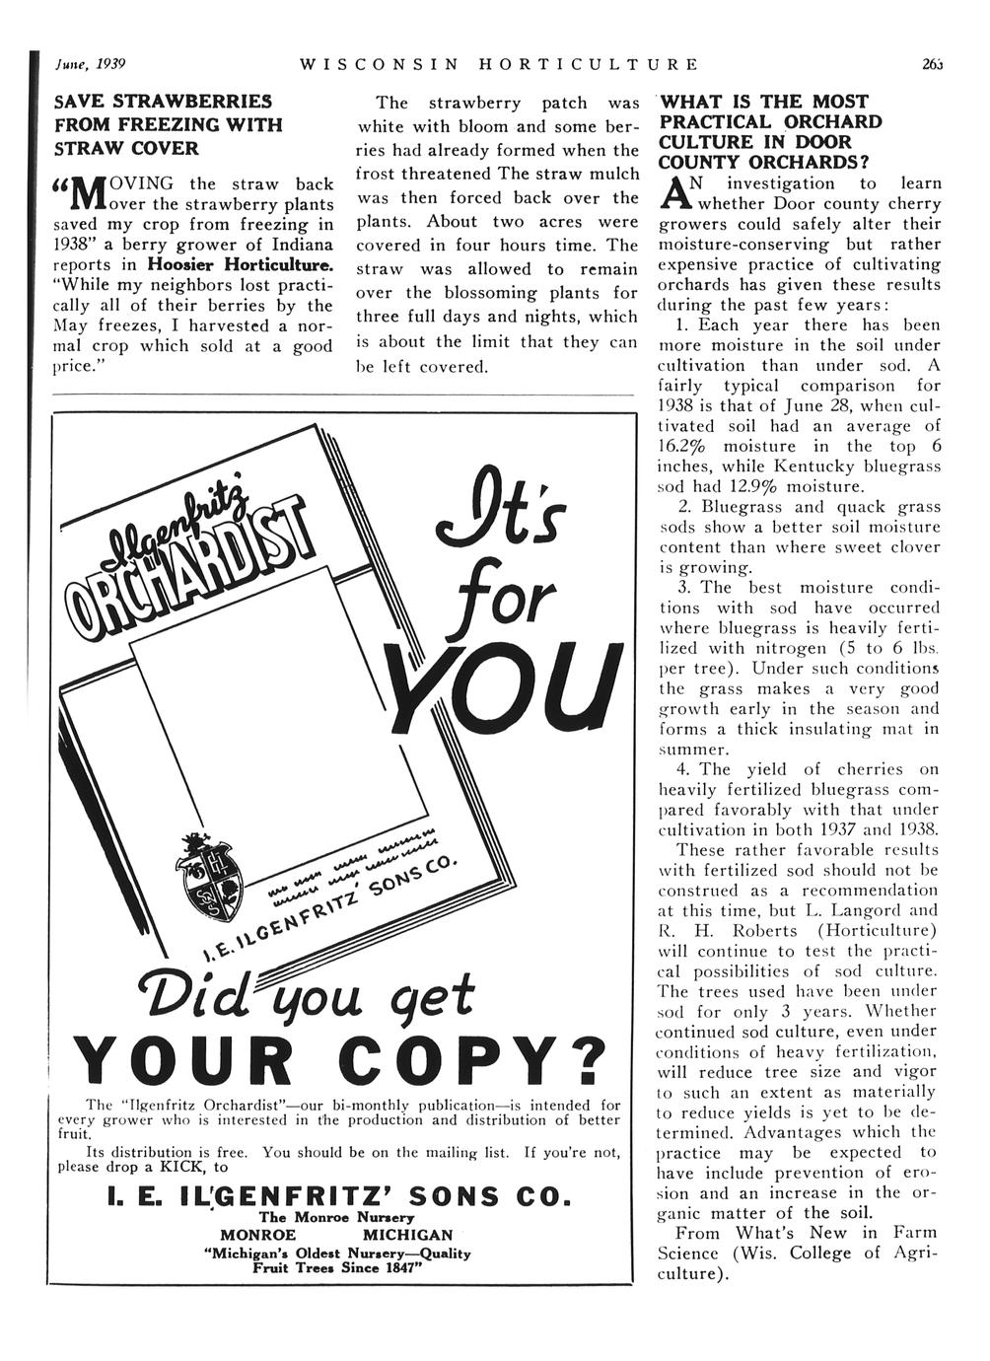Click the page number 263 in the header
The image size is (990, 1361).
932,64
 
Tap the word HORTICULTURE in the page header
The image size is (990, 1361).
588,64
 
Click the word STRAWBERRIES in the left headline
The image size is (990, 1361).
193,102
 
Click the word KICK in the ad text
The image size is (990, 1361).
191,1166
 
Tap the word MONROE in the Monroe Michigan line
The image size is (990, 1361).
257,1235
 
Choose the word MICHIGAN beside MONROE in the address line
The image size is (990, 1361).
407,1235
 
